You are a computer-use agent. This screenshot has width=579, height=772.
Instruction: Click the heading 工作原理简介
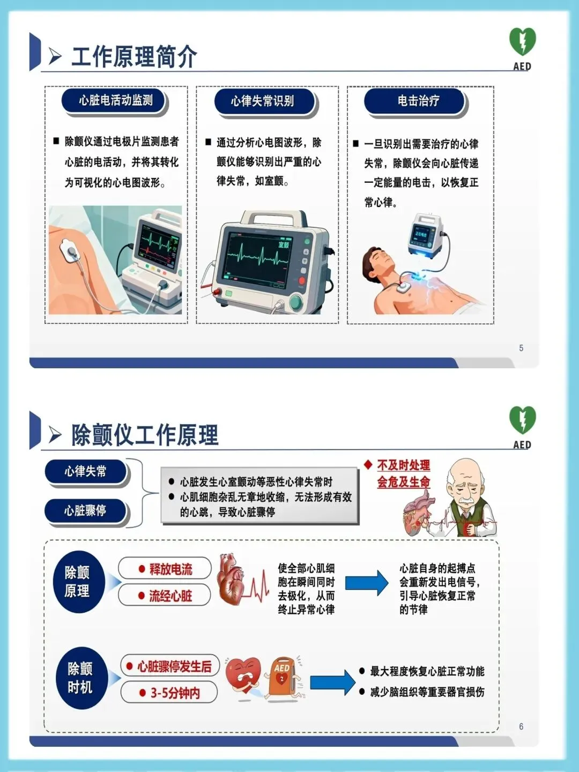134,56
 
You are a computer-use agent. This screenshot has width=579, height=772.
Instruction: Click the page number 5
521,348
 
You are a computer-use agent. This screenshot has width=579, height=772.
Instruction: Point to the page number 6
521,726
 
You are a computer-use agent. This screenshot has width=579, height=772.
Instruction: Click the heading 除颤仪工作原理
145,435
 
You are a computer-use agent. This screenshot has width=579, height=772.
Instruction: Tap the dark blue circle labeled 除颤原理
79,581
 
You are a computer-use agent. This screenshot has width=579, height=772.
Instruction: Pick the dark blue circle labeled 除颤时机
81,678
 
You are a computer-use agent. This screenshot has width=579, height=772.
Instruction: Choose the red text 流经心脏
170,596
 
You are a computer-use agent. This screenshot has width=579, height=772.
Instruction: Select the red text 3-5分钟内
175,693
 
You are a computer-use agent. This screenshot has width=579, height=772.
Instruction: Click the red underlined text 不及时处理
404,465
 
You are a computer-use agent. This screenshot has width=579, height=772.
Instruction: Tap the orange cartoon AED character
284,677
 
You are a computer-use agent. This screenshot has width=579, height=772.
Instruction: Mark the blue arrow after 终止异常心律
367,583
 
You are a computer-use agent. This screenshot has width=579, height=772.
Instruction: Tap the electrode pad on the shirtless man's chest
403,287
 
